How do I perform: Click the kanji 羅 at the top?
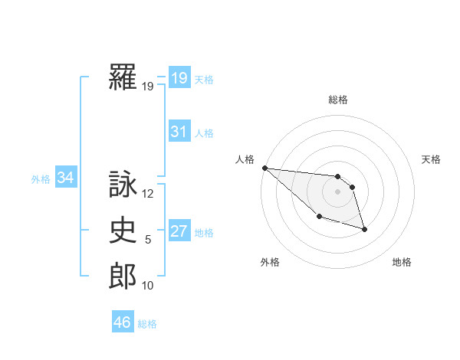123,77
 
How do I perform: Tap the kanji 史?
123,231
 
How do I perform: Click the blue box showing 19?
179,78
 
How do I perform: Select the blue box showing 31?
179,132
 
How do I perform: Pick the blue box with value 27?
179,231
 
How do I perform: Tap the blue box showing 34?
65,178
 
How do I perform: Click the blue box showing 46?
122,322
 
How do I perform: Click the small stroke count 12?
148,195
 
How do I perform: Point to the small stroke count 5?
148,241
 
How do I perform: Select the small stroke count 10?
148,286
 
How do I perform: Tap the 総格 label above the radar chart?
338,100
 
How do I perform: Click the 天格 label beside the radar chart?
432,159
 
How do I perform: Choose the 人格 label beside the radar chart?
245,159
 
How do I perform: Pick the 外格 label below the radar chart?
270,262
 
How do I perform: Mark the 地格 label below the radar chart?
402,262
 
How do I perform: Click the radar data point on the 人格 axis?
264,168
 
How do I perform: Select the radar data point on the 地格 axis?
364,229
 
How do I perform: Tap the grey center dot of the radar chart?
338,191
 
